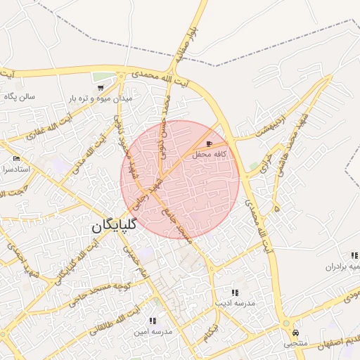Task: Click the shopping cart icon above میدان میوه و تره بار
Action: click(102, 89)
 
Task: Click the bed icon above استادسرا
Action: click(16, 159)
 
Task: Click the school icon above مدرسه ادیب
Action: click(234, 292)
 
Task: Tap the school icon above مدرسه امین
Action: click(153, 321)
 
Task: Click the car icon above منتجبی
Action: click(295, 333)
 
